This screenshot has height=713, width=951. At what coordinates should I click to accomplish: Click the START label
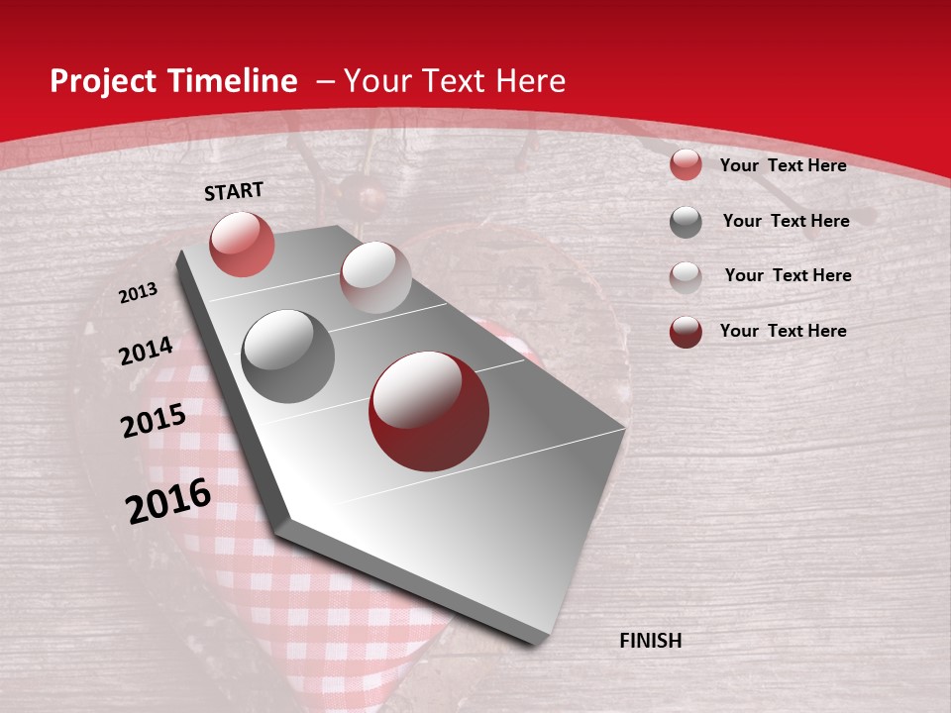(234, 191)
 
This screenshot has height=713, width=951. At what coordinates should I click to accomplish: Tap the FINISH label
(650, 641)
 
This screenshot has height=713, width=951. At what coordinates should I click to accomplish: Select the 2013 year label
(138, 293)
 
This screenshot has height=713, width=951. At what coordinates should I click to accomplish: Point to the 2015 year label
(154, 420)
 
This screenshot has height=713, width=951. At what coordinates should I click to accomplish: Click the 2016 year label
(168, 501)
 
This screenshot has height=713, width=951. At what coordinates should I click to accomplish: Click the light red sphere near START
(242, 244)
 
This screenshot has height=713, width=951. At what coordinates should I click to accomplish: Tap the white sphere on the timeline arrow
(375, 277)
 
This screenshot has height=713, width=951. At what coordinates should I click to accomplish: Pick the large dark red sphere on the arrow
(429, 411)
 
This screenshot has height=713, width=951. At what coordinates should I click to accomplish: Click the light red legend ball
(686, 164)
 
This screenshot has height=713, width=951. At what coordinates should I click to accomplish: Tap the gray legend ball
(686, 222)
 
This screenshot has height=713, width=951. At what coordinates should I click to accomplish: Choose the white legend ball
(686, 276)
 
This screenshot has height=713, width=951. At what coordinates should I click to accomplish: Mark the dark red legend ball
(686, 332)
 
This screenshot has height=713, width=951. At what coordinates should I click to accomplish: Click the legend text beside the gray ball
(786, 221)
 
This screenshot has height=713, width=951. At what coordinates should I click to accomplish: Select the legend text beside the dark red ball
(783, 331)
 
